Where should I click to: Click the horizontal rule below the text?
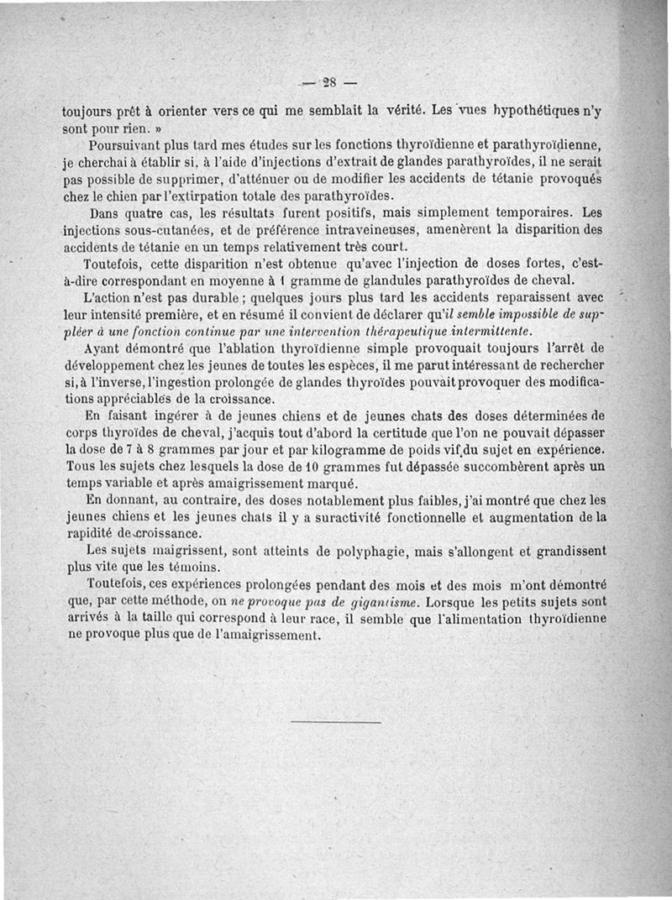coord(336,721)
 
